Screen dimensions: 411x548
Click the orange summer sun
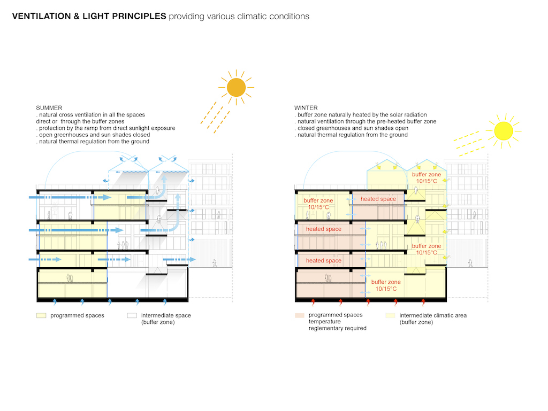point(235,88)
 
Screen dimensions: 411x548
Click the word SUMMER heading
point(49,108)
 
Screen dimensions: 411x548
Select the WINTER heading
point(306,108)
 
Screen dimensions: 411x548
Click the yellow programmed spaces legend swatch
point(41,315)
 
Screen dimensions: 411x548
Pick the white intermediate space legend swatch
point(132,315)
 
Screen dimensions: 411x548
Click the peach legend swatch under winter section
point(300,315)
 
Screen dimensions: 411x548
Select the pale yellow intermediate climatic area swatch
point(390,315)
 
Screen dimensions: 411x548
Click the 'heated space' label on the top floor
point(378,199)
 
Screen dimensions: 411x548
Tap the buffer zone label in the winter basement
point(386,285)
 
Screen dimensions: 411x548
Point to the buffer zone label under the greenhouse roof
point(427,178)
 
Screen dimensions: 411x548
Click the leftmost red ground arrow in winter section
point(313,303)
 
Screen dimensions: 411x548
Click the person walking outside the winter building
point(470,263)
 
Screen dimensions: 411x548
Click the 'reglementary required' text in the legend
point(337,328)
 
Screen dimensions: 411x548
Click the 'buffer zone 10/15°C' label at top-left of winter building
point(318,204)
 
